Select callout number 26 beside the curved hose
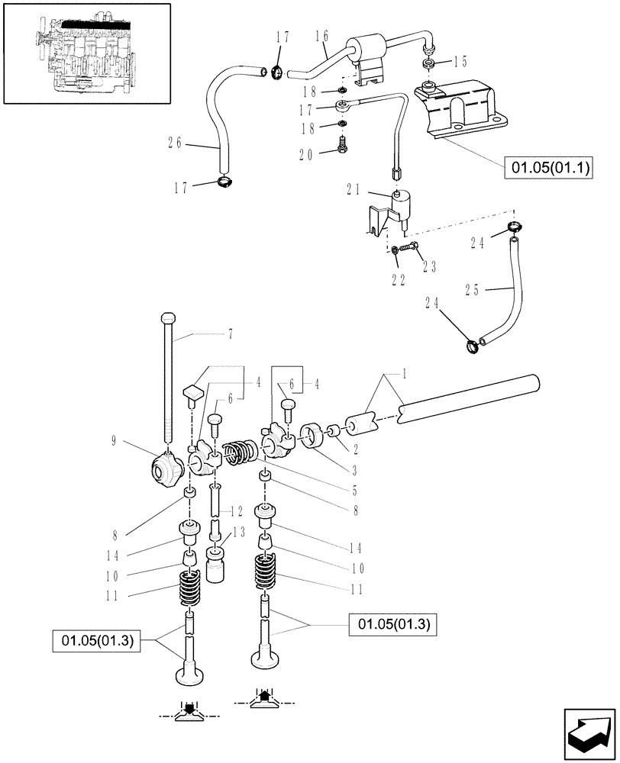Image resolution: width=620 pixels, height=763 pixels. [x=175, y=141]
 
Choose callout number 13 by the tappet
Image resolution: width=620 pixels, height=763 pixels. [x=240, y=533]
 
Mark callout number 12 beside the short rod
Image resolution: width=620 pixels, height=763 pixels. [x=237, y=510]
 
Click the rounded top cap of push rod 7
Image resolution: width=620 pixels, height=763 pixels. [x=170, y=318]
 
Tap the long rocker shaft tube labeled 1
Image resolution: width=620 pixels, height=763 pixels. [x=466, y=396]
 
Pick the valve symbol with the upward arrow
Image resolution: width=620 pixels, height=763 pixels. [x=263, y=703]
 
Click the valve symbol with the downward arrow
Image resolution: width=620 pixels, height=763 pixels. [x=187, y=710]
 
